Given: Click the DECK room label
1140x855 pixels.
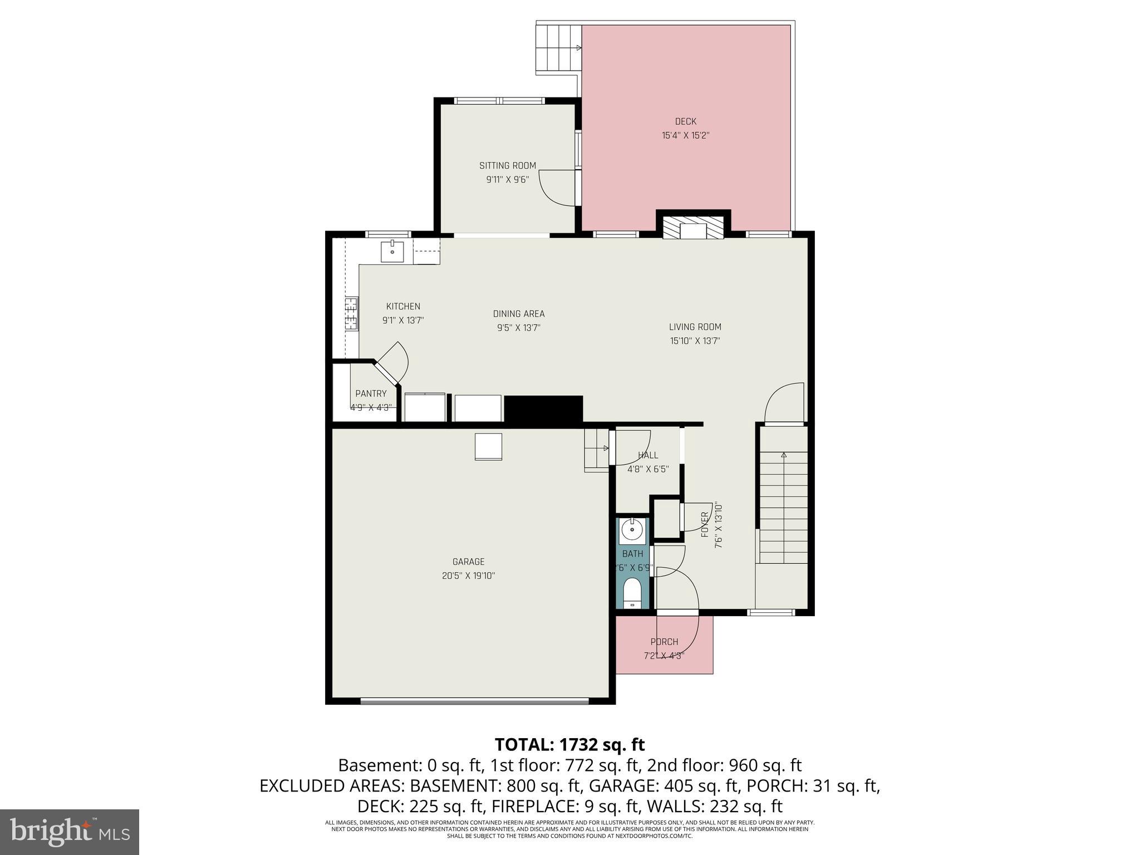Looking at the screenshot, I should pos(685,121).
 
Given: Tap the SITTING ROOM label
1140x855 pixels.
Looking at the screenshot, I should pos(507,165).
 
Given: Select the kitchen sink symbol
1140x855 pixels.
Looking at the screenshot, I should pos(392,252).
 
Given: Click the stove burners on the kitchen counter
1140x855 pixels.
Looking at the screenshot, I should pos(351,315).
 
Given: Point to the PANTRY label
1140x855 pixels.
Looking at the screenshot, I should pos(371,394).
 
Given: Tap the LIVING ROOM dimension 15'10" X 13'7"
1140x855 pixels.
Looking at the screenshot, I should pos(695,341).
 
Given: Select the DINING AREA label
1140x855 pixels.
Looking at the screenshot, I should pos(518,314).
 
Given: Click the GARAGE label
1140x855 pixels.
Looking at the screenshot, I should pos(468,562).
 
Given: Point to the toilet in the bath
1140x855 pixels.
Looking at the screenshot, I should pos(632,593).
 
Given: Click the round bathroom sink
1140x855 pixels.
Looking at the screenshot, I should pos(632,529).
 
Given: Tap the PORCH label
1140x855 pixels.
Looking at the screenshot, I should pos(664,642).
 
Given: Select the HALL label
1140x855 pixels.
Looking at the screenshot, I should pos(648,455).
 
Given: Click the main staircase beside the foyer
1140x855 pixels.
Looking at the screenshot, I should pos(784,507).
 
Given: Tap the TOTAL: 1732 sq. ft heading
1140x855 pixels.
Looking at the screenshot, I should pos(569,744).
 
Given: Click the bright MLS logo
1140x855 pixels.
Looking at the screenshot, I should pos(70,832).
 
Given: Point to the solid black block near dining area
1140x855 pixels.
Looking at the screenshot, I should pos(543,409).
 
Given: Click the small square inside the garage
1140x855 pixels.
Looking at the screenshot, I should pos(488,446).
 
